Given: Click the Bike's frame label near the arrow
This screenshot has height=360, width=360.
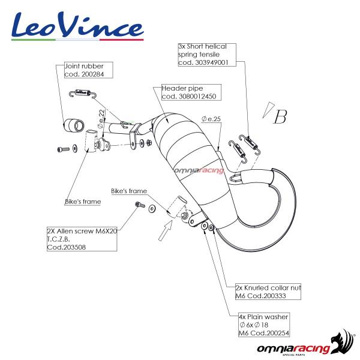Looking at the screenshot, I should pyautogui.click(x=129, y=191).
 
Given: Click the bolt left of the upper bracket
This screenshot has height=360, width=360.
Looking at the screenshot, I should pyautogui.click(x=61, y=147).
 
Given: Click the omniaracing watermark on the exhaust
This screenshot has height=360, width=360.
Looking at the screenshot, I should pyautogui.click(x=199, y=170).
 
